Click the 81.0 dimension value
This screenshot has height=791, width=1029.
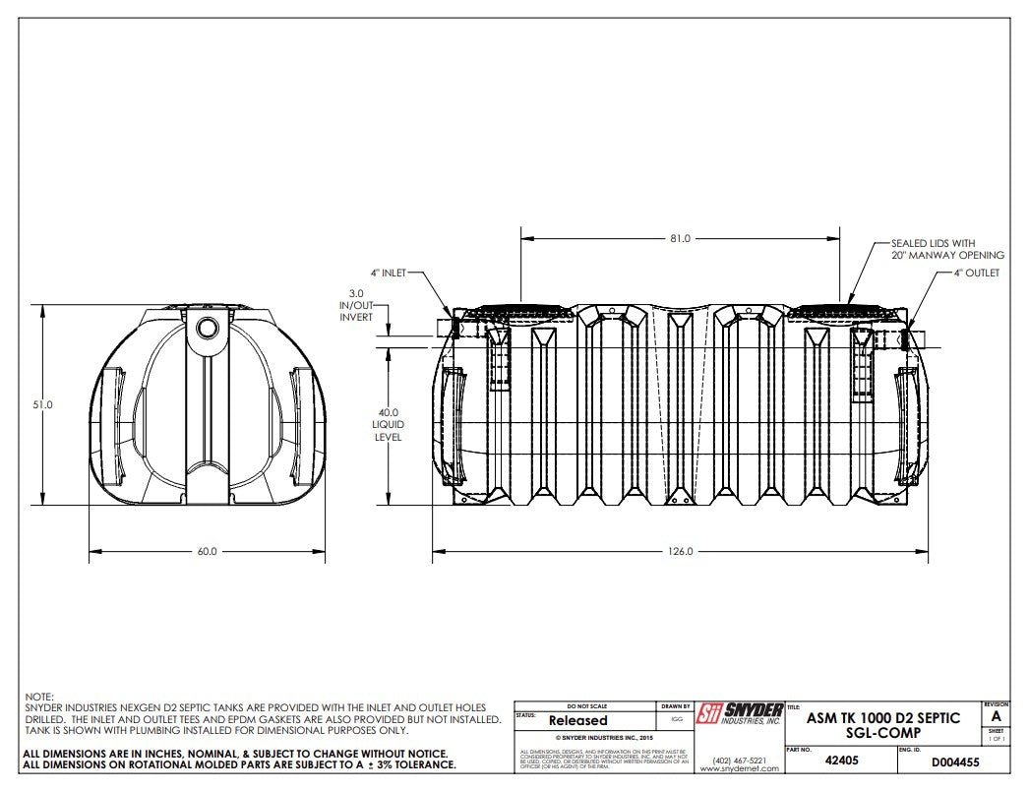(x=680, y=238)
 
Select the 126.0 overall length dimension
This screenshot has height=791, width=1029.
(x=680, y=552)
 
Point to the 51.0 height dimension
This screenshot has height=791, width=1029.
(x=42, y=404)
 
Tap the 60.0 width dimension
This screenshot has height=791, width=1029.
(x=207, y=552)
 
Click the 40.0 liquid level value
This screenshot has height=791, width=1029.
(x=389, y=413)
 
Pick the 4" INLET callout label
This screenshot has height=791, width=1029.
(x=388, y=273)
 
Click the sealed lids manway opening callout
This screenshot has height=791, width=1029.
(x=947, y=249)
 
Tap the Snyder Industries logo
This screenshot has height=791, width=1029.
(x=739, y=713)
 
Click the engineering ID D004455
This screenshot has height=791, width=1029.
(x=954, y=761)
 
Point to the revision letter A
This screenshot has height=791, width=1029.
(x=997, y=716)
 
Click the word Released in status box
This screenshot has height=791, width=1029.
(x=577, y=720)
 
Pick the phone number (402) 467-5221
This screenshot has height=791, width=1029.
(x=739, y=759)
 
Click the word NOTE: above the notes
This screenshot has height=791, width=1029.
(x=38, y=696)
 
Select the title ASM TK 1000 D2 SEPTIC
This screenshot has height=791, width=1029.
(x=882, y=719)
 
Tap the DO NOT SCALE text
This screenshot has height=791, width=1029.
(x=587, y=705)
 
